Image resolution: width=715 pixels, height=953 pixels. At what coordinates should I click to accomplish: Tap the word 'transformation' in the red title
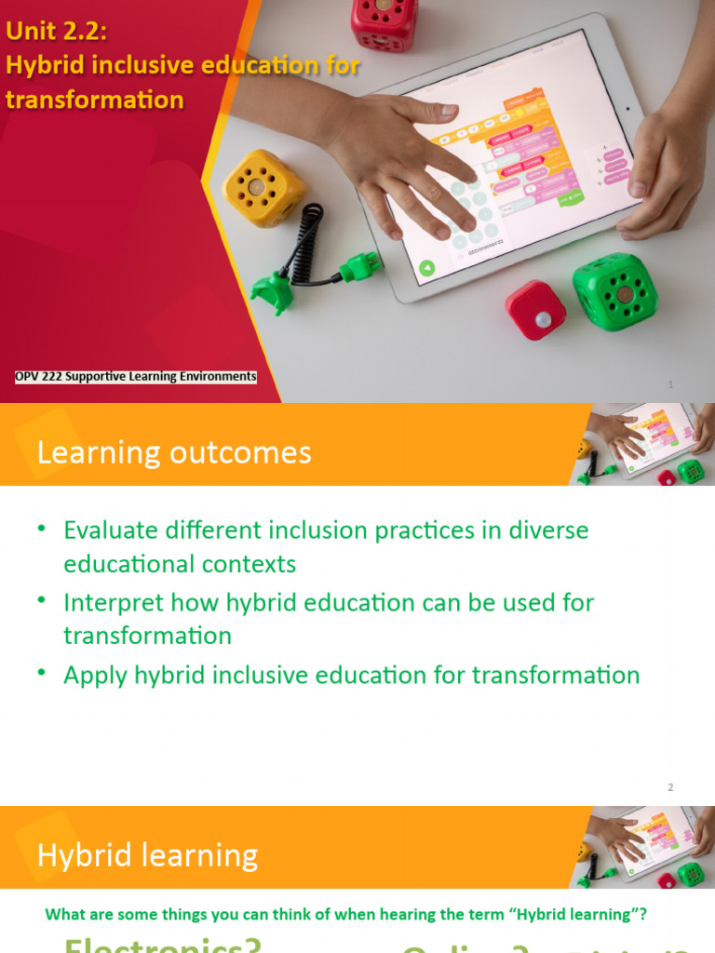point(94,100)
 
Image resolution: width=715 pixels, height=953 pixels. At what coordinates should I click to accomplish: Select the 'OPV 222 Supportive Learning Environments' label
point(135,377)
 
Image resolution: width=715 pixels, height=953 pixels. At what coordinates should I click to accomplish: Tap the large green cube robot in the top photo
point(614,291)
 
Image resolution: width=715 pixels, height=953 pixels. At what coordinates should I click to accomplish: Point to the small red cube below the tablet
point(535,310)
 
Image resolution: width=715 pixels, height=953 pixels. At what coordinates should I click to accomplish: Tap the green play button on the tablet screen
point(425,269)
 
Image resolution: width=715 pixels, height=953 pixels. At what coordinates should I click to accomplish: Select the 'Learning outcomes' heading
point(173,453)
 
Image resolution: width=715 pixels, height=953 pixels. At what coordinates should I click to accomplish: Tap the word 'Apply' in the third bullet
point(89,676)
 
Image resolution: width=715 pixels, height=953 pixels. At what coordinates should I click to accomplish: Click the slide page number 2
point(669,788)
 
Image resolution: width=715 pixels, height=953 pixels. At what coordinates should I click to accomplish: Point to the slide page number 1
point(670,384)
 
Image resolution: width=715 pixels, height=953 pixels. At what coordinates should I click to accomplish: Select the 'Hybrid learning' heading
point(147,855)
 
